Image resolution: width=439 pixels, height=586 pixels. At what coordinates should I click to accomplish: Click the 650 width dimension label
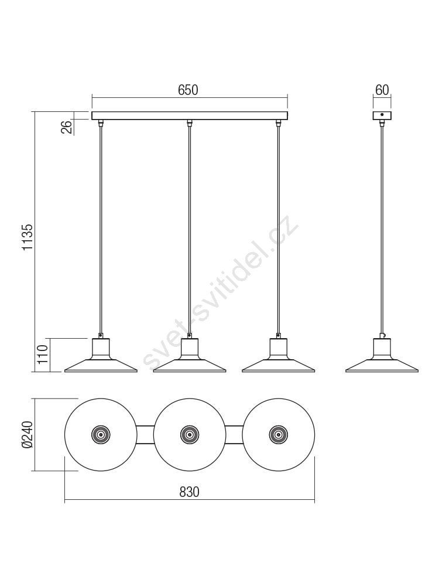pos(188,90)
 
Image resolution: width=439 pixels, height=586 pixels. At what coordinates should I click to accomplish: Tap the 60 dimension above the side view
pos(382,90)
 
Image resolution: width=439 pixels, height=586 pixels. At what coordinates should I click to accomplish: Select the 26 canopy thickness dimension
pos(66,127)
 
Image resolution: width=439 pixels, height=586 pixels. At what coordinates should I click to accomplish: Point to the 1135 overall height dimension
pos(28,237)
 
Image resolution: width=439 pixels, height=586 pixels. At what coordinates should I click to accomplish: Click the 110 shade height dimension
pos(43,355)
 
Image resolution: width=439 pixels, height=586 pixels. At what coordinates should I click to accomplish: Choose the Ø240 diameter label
pos(28,435)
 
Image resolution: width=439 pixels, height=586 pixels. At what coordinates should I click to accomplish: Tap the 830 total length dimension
pos(189,492)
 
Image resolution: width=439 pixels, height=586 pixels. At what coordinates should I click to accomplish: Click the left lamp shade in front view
pos(101,356)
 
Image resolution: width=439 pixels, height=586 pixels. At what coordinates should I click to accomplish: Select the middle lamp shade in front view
pos(190,356)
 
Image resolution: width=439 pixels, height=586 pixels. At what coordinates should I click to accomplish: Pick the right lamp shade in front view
pos(279,356)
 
